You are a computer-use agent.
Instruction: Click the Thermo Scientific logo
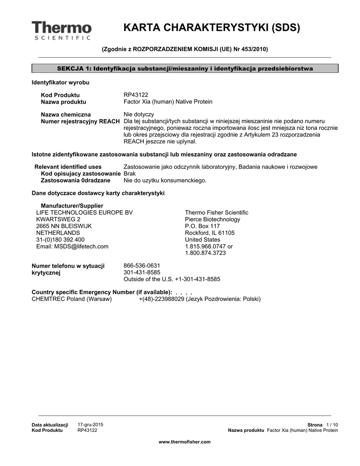(x=61, y=30)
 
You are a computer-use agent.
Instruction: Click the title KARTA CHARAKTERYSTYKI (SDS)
(x=212, y=28)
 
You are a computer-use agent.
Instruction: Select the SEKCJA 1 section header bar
(x=185, y=68)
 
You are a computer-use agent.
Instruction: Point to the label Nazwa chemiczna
(x=66, y=114)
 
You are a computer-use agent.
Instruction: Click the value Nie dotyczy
(x=139, y=114)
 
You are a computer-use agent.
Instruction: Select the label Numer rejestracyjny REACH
(x=81, y=121)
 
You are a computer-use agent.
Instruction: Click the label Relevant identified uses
(x=68, y=167)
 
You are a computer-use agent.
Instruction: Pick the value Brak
(x=130, y=174)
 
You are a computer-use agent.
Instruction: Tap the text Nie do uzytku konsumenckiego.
(x=165, y=180)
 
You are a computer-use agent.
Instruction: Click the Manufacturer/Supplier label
(x=72, y=206)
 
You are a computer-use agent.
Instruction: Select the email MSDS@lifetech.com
(x=72, y=246)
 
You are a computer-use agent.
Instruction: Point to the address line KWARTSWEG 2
(x=58, y=219)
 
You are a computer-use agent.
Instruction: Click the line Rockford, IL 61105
(x=210, y=233)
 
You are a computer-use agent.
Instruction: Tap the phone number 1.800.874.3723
(x=205, y=253)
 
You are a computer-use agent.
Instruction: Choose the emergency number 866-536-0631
(x=142, y=265)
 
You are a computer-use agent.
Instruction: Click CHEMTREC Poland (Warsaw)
(x=71, y=299)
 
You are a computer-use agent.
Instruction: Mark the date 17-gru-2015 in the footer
(x=91, y=424)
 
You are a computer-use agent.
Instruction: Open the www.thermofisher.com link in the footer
(x=184, y=442)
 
